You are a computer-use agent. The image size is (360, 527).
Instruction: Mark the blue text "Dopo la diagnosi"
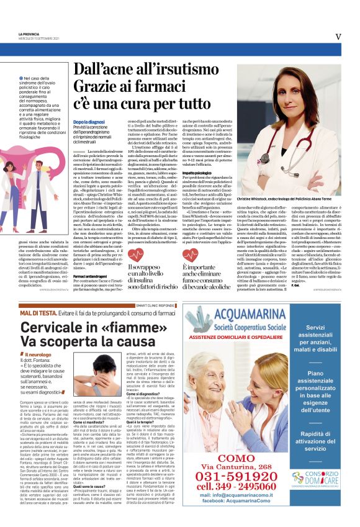click(88, 124)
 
